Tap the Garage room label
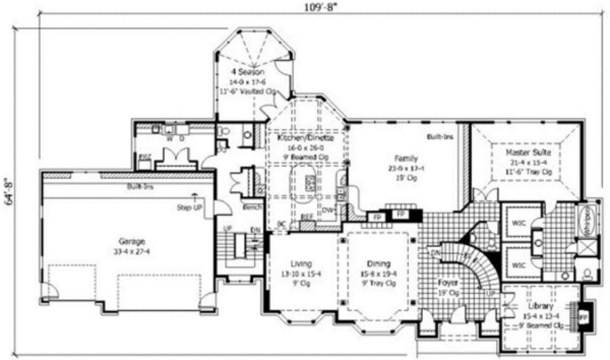(132, 242)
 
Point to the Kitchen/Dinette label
(305, 138)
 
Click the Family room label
(406, 159)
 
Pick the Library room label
(540, 306)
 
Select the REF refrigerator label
(307, 218)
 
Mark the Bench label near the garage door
(252, 208)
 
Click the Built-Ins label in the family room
(440, 137)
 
